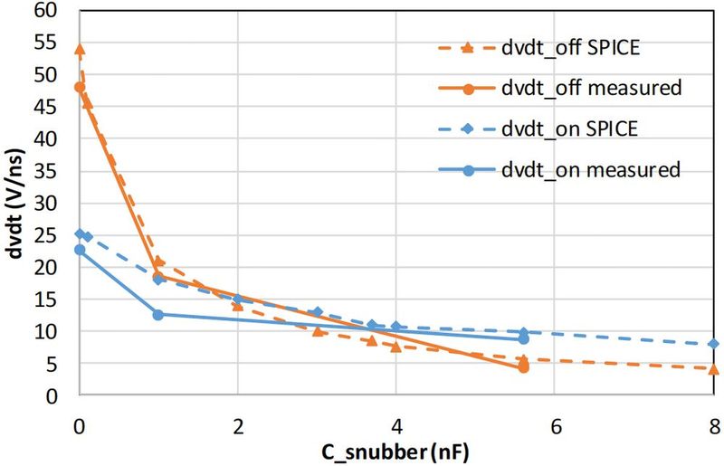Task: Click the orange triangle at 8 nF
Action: tap(713, 369)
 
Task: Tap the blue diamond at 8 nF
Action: tap(713, 344)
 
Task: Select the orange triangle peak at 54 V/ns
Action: tap(80, 49)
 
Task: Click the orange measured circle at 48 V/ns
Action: tap(80, 88)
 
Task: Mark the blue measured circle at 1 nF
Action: tap(158, 315)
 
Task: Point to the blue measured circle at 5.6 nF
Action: tap(523, 338)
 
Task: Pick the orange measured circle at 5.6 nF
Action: tap(523, 367)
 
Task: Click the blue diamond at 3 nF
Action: tap(317, 312)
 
